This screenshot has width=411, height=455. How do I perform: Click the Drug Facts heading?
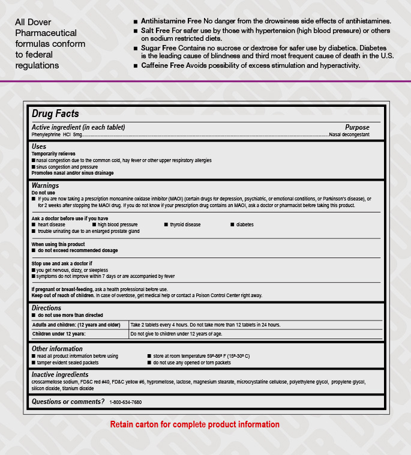pyautogui.click(x=55, y=113)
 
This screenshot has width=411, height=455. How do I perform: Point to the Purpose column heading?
pyautogui.click(x=357, y=127)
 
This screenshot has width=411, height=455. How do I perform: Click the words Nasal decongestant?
pyautogui.click(x=349, y=135)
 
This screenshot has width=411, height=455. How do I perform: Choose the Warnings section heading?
pyautogui.click(x=45, y=186)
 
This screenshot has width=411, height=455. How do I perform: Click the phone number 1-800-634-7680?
pyautogui.click(x=125, y=402)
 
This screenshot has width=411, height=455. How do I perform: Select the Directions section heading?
pyautogui.click(x=46, y=308)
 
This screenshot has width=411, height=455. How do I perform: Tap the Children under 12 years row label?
pyautogui.click(x=58, y=334)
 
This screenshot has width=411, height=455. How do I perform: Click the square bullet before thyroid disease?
pyautogui.click(x=166, y=224)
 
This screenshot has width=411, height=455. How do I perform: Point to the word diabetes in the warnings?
pyautogui.click(x=245, y=224)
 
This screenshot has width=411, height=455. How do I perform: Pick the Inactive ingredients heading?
pyautogui.click(x=59, y=375)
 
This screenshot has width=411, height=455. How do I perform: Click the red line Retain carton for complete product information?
pyautogui.click(x=194, y=424)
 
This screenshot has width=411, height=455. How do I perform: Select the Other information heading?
pyautogui.click(x=57, y=349)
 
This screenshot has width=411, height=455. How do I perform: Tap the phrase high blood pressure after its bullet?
pyautogui.click(x=118, y=224)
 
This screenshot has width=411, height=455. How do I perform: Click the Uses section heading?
pyautogui.click(x=39, y=146)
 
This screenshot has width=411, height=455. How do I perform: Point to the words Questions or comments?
pyautogui.click(x=68, y=402)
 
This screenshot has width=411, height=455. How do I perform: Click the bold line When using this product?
pyautogui.click(x=58, y=244)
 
